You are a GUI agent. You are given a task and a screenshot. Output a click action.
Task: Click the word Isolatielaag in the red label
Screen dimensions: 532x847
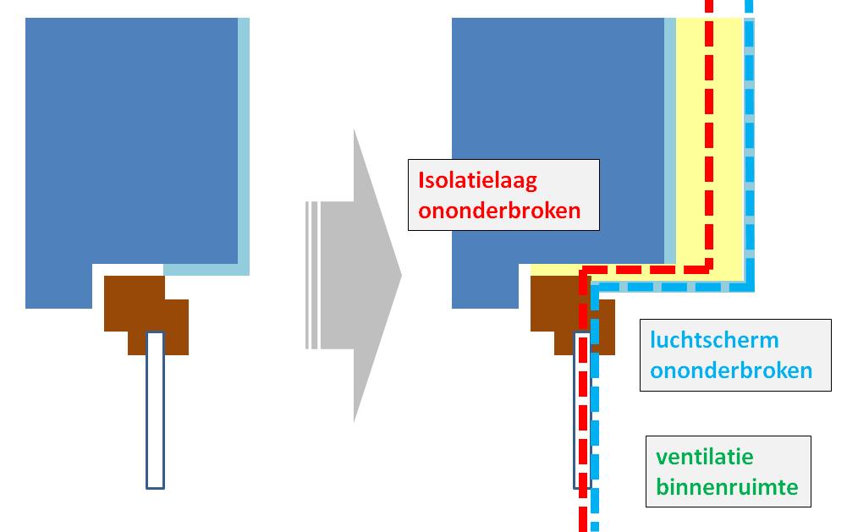478,180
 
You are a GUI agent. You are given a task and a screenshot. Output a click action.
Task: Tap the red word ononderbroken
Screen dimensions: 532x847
499,210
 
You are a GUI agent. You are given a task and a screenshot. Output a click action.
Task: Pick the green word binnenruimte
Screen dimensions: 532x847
727,487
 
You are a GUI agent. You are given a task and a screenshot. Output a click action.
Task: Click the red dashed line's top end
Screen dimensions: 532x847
710,4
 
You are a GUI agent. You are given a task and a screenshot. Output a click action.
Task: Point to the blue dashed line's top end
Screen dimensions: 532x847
748,4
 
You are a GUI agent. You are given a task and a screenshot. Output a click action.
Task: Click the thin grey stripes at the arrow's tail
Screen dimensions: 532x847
312,275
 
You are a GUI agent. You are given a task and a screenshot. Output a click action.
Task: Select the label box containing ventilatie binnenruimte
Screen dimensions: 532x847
728,472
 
